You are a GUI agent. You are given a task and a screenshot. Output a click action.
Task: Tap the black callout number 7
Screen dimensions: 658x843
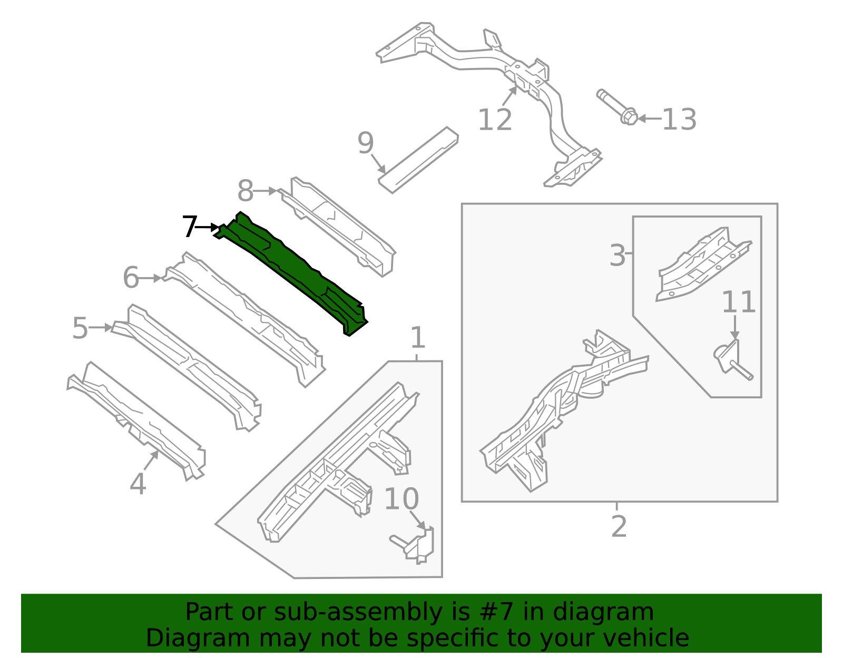189,227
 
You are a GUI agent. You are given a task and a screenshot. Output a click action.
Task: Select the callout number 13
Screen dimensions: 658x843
679,120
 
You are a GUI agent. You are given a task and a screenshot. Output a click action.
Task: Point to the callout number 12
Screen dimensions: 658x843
494,120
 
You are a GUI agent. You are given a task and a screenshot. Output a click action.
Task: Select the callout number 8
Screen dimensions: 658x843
246,191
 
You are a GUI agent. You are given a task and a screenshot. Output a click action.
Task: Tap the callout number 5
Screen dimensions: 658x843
80,328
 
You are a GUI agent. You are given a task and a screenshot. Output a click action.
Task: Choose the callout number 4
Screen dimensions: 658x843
138,484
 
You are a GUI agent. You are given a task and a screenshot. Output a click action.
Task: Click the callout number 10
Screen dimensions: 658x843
401,499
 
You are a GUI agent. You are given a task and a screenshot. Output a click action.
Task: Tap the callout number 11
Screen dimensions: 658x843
738,302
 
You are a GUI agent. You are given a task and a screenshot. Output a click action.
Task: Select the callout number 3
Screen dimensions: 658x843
617,256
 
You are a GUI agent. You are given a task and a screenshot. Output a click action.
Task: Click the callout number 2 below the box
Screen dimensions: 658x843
619,526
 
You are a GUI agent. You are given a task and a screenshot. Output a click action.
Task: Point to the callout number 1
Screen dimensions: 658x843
417,338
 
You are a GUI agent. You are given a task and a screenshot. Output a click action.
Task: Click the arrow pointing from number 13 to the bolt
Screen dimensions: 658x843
650,119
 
